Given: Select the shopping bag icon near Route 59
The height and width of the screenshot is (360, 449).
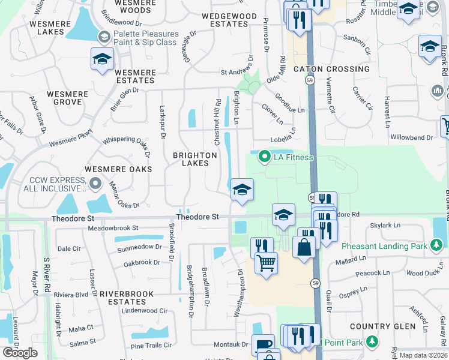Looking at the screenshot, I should point(304,246).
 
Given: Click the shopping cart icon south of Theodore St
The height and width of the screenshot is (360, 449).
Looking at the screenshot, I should point(266,262).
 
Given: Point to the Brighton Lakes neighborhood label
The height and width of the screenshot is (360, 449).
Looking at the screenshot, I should point(194,159).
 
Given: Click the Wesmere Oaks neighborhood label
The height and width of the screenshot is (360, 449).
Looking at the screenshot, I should point(118,169).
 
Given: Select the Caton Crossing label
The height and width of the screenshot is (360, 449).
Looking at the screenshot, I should point(331,69).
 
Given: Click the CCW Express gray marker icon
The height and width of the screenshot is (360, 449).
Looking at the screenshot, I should point(94,183).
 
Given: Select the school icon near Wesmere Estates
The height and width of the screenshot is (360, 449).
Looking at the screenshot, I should point(103,59).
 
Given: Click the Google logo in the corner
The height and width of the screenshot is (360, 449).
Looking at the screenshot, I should point(20,352).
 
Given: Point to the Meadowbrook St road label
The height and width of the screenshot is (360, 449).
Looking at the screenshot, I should point(113,228).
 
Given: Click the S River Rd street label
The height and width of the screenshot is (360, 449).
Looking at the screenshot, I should point(46,271).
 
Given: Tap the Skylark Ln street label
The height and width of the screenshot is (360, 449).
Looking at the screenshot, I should point(385,225).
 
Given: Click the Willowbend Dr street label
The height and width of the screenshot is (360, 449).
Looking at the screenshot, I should point(411,137).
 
